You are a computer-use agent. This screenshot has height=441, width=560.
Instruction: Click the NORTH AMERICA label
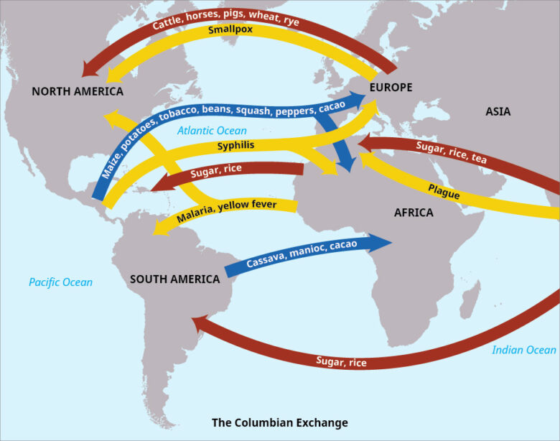click(78, 92)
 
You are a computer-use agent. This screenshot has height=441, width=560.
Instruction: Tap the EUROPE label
click(391, 88)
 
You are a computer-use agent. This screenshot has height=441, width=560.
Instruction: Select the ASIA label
click(498, 111)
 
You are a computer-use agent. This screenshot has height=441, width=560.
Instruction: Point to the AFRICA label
click(414, 213)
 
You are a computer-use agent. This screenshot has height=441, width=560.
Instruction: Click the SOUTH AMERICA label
click(174, 279)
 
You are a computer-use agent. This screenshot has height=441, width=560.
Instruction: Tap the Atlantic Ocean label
click(212, 131)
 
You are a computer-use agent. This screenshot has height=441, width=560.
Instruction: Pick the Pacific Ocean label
click(60, 282)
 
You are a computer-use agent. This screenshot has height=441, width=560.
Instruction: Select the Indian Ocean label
click(524, 350)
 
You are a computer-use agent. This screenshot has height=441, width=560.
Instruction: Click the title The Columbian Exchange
click(280, 422)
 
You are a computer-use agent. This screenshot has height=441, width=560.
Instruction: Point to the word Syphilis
click(235, 146)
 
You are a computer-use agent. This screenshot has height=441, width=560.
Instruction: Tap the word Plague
click(444, 191)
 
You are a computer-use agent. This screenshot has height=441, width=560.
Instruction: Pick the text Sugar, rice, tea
click(452, 152)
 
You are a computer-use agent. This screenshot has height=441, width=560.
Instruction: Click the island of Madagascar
click(472, 295)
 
